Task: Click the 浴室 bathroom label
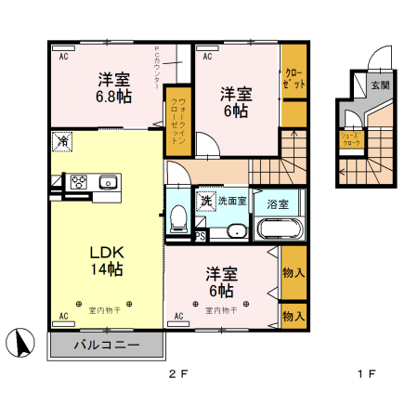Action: [x=277, y=202]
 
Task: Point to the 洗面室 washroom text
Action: [x=232, y=200]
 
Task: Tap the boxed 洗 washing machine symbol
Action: [x=204, y=200]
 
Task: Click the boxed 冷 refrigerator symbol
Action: [x=62, y=142]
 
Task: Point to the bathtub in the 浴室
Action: [x=278, y=229]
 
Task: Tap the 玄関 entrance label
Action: [x=380, y=85]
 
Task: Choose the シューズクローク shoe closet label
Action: [x=349, y=140]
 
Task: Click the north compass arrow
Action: [x=18, y=342]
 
